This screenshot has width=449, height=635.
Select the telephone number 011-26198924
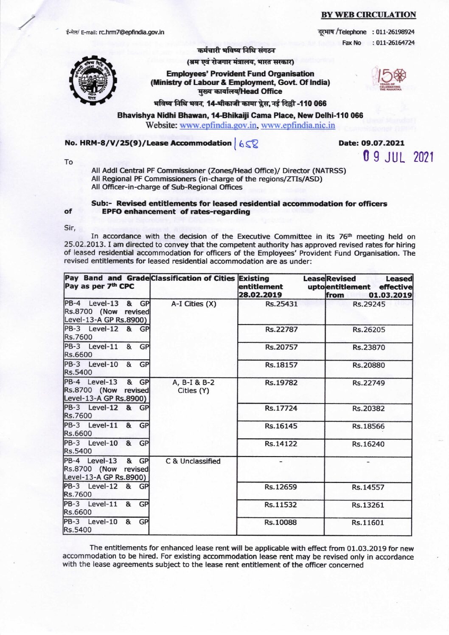396,32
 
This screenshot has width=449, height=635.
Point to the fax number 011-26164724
396,43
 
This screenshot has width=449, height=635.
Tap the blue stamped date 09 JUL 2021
398,157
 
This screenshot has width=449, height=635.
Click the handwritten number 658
248,144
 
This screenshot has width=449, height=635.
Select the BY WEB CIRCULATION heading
368,15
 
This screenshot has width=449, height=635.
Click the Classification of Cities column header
193,279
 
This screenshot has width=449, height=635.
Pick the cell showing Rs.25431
281,304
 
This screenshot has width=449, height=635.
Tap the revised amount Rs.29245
369,304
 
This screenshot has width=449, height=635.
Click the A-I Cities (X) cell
194,304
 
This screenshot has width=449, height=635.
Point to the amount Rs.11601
368,522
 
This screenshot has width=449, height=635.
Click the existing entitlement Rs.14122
281,444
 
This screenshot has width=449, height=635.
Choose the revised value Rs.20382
368,409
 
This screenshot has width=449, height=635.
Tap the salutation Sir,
70,228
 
